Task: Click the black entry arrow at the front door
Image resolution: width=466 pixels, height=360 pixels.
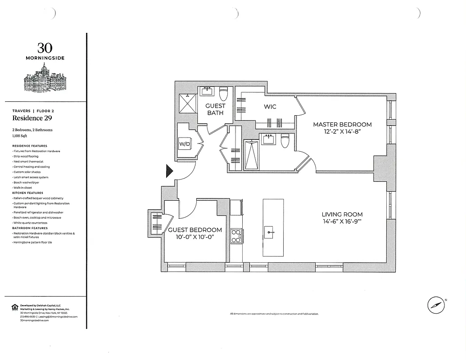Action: [170, 171]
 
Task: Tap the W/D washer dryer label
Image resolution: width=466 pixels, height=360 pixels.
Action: [184, 144]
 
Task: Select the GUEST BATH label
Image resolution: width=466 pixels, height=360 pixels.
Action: [215, 109]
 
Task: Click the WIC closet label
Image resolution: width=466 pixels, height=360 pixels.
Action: [270, 107]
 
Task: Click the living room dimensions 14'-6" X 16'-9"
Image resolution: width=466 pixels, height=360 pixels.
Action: [342, 222]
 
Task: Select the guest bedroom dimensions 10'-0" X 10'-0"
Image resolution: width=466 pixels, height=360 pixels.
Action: [195, 237]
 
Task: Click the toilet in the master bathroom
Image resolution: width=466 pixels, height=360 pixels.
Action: [285, 141]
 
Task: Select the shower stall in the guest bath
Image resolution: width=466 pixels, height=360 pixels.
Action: [186, 104]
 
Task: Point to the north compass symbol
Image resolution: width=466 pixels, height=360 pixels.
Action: [435, 305]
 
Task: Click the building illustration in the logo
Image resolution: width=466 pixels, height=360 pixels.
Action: [45, 79]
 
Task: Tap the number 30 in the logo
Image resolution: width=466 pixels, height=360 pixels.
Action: [45, 48]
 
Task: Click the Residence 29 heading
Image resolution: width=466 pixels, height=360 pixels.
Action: [31, 118]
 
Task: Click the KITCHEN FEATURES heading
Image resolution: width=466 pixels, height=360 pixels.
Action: [28, 193]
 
